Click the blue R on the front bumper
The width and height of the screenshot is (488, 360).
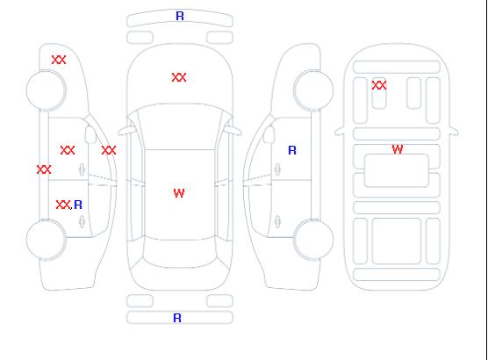pyautogui.click(x=180, y=16)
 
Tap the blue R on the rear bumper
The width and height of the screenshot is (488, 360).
pyautogui.click(x=177, y=318)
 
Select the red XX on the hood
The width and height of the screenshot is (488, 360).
pyautogui.click(x=179, y=77)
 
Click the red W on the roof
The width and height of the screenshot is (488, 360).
pyautogui.click(x=179, y=193)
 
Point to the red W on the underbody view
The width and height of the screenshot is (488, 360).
pyautogui.click(x=398, y=149)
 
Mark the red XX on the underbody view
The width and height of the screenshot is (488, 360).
pyautogui.click(x=379, y=85)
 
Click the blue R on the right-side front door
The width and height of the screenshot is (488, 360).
pyautogui.click(x=292, y=150)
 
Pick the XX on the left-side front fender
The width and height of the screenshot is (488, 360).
pyautogui.click(x=59, y=60)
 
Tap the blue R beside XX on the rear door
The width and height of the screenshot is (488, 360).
pyautogui.click(x=78, y=205)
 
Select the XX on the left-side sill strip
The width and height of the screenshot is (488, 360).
pyautogui.click(x=44, y=169)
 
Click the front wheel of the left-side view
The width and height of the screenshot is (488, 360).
pyautogui.click(x=46, y=90)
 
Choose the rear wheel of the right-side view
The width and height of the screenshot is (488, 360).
pyautogui.click(x=313, y=240)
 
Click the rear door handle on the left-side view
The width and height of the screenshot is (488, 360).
pyautogui.click(x=82, y=221)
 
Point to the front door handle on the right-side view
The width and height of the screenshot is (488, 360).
pyautogui.click(x=277, y=169)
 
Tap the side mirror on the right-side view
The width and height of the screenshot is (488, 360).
pyautogui.click(x=269, y=134)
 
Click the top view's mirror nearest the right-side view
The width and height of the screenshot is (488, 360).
pyautogui.click(x=233, y=131)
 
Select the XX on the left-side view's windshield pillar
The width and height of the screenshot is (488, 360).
pyautogui.click(x=109, y=150)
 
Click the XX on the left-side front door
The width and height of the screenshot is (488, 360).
pyautogui.click(x=68, y=150)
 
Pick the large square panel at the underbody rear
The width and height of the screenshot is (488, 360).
pyautogui.click(x=397, y=241)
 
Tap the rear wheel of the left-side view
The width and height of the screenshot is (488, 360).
pyautogui.click(x=46, y=240)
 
